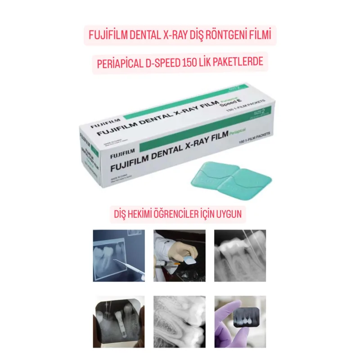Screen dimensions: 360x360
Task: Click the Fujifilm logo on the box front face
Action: point(123,155)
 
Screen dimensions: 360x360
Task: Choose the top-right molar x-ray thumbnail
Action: point(240,256)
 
